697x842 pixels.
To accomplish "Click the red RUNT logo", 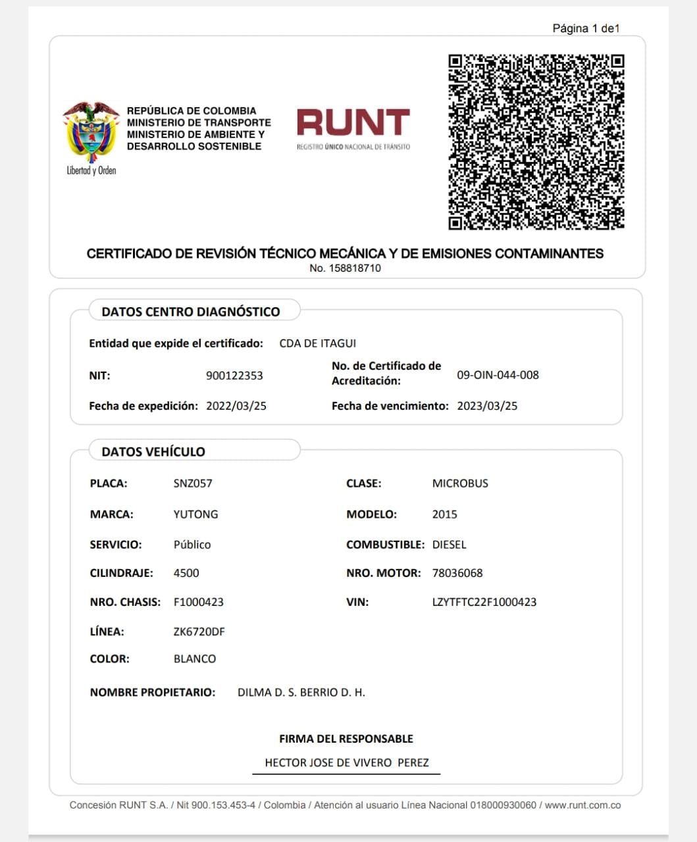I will point(353,124).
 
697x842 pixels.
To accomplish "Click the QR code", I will point(536,141).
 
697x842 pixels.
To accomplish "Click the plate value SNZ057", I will point(193,483).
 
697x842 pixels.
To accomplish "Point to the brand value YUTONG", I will point(195,514).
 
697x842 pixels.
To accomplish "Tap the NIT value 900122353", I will point(234,376).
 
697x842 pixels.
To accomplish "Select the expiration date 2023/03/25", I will point(487,406).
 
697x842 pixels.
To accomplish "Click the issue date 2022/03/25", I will point(236,406).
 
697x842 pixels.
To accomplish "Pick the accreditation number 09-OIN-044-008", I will point(498,375).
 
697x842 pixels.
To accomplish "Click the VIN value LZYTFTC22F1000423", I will point(484,602).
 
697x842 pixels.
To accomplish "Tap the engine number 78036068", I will point(457,573).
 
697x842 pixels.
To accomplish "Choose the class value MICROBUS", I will point(460,483).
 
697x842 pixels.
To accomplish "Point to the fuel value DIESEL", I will point(450,545).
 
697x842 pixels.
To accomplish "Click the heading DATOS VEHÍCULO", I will point(153,452).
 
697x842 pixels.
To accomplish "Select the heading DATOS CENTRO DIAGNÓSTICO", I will point(191,312).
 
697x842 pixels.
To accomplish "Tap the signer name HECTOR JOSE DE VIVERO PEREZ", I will point(347,763).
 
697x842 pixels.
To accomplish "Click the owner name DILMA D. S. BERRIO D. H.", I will point(301,693).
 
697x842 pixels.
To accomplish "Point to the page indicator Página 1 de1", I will point(586,28).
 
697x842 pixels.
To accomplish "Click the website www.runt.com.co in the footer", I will point(582,805).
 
